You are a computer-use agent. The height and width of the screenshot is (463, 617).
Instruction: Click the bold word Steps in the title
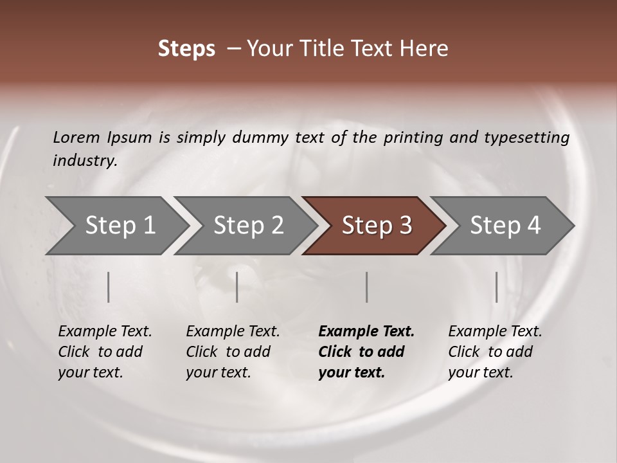click(x=186, y=49)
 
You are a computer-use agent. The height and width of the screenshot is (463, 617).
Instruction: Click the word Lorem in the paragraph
click(x=76, y=137)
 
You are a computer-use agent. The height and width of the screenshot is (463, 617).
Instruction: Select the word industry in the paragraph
click(x=84, y=161)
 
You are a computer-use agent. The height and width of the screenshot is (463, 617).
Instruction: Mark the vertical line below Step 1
click(x=109, y=287)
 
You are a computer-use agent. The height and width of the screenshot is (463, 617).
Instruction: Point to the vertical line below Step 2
click(x=237, y=287)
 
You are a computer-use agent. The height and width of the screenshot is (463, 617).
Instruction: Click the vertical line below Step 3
click(x=366, y=287)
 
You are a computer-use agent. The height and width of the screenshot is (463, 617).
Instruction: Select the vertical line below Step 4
click(x=496, y=287)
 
